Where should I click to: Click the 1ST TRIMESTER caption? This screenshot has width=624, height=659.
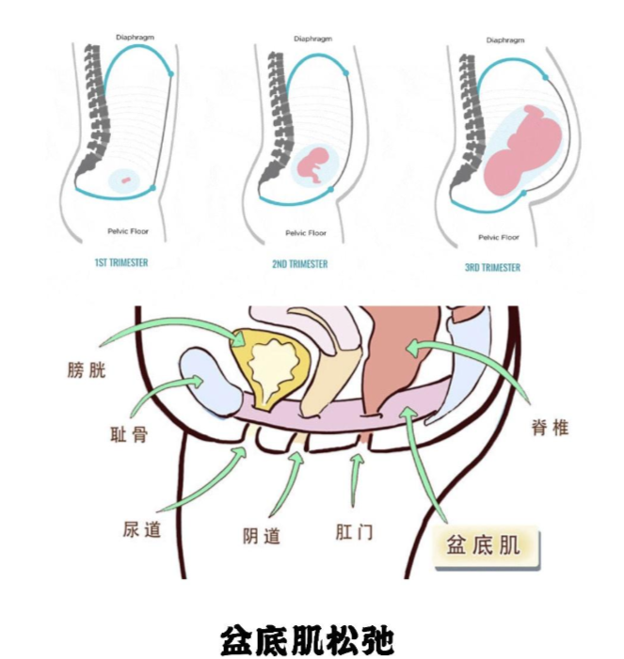pyautogui.click(x=121, y=263)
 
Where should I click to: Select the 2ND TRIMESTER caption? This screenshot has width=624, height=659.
pyautogui.click(x=300, y=264)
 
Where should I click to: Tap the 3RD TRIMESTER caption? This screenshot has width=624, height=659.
pyautogui.click(x=492, y=267)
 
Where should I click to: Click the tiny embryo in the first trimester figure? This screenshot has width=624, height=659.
pyautogui.click(x=124, y=180)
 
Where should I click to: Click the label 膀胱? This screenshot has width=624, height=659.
pyautogui.click(x=87, y=369)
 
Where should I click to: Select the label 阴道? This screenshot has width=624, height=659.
pyautogui.click(x=261, y=537)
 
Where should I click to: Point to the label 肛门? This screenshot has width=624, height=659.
pyautogui.click(x=354, y=532)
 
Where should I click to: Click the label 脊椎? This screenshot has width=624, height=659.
pyautogui.click(x=550, y=428)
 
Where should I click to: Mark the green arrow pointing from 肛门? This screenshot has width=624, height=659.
pyautogui.click(x=355, y=480)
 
